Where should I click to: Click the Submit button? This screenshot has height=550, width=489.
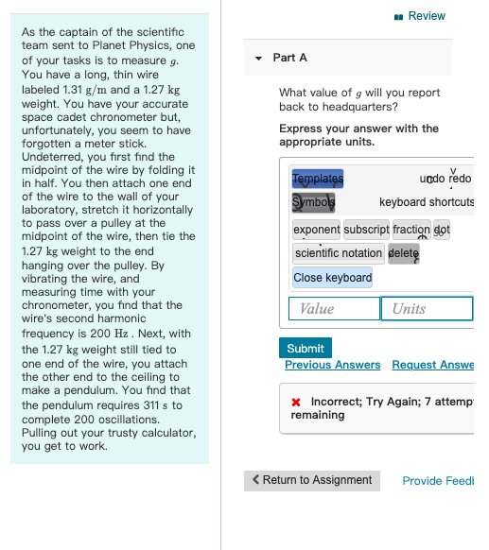pos(306,348)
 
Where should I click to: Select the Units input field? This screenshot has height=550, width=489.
pos(426,309)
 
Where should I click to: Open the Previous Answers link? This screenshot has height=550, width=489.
pos(332,365)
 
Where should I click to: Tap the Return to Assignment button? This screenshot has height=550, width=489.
pos(312,480)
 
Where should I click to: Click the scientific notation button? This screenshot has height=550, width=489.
pos(338,253)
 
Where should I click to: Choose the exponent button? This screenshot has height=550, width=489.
pos(316,230)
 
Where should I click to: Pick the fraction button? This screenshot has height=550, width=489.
pos(410,230)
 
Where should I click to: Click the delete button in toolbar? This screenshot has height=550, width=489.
pos(403,253)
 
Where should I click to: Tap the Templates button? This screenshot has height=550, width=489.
pos(318,180)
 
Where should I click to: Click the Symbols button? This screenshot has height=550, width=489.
pos(313,202)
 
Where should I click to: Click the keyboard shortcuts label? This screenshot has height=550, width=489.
pos(427,202)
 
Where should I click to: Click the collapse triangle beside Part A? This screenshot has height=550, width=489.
pos(258,59)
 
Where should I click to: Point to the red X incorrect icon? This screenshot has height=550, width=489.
pos(296,402)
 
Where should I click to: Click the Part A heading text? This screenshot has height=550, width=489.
pos(289,58)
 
